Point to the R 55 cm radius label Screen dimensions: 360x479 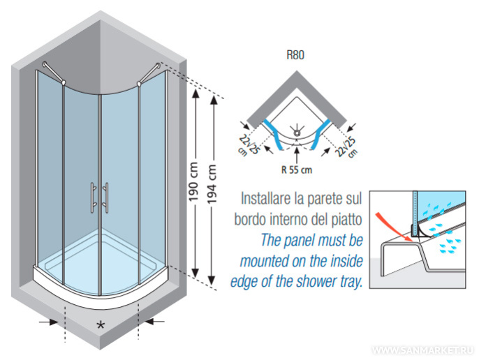coord(297,168)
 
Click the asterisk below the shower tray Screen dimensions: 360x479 coord(101,326)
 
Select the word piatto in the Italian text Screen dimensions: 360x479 coord(346,220)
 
